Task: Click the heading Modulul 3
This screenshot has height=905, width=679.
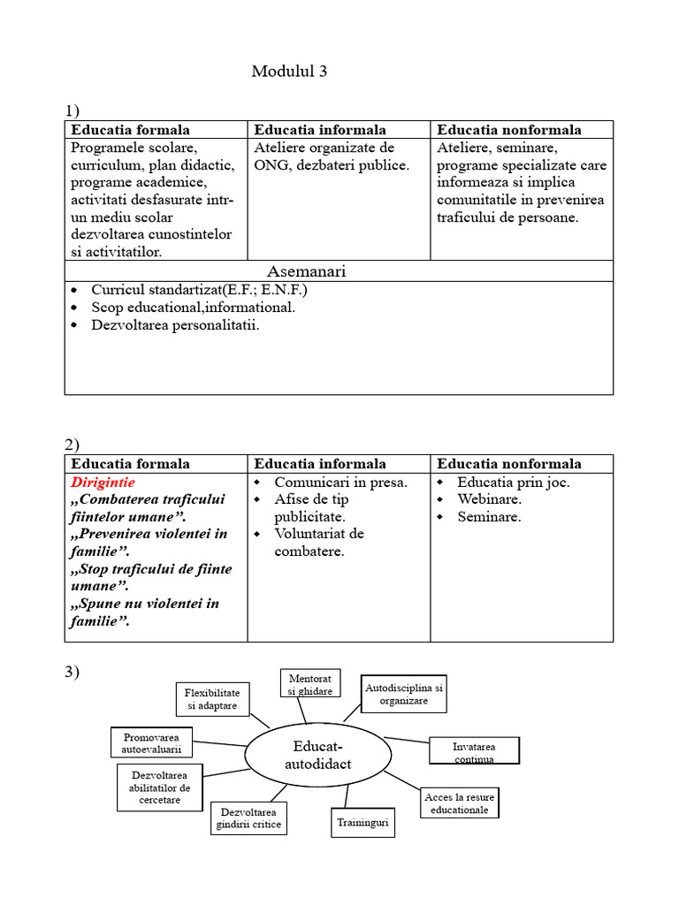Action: [289, 72]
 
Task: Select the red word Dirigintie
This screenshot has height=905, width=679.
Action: [103, 483]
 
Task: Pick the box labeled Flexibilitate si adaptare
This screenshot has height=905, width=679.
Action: [212, 698]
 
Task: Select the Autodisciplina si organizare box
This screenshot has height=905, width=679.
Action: [404, 694]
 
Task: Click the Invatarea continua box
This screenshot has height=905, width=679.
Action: [474, 751]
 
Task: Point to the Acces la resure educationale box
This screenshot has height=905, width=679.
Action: [460, 803]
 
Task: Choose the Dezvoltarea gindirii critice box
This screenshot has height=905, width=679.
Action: [248, 818]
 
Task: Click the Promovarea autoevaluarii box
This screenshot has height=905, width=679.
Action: [151, 743]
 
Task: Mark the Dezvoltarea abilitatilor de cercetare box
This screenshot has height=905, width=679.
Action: [159, 787]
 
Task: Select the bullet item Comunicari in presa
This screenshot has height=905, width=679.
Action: [340, 483]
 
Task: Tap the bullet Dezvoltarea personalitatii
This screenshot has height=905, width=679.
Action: [175, 325]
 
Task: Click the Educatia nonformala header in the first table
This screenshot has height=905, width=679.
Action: [509, 130]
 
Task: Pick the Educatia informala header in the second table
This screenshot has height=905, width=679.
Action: [320, 464]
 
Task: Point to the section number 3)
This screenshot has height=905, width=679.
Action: [72, 673]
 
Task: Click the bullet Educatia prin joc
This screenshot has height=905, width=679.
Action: [513, 483]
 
